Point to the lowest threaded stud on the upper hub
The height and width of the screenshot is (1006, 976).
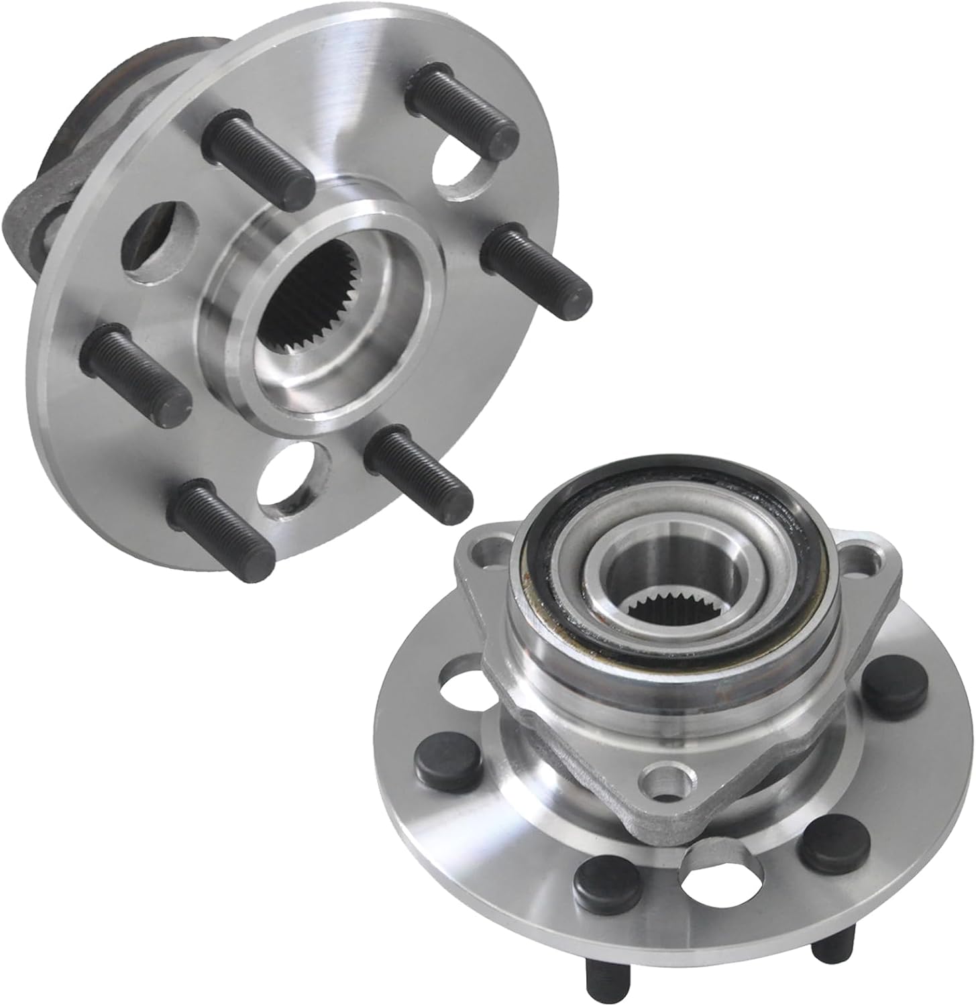pyautogui.click(x=225, y=530)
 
